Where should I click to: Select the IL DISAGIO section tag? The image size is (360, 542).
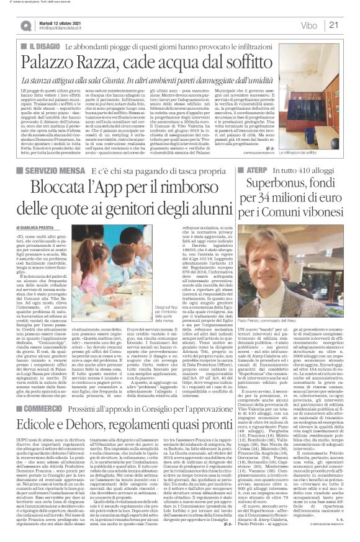pyautogui.click(x=42, y=47)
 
